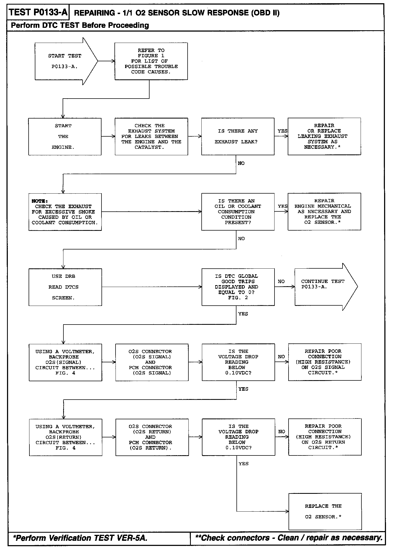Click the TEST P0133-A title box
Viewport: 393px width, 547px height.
38,12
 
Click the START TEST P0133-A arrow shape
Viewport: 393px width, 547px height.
65,61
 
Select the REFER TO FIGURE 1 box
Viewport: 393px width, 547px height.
151,61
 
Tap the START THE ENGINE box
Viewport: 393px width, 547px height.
65,137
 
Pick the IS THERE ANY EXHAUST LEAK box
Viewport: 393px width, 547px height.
238,137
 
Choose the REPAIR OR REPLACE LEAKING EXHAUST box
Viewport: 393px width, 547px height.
324,136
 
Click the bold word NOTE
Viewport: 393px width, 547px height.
39,201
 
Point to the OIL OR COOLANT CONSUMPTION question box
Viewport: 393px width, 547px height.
238,212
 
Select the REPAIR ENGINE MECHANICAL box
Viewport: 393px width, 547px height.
324,212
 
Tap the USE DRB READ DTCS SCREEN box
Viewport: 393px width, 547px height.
65,287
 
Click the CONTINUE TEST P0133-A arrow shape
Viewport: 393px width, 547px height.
324,287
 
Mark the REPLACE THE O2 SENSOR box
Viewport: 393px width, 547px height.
325,511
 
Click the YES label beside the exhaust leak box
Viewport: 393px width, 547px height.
282,131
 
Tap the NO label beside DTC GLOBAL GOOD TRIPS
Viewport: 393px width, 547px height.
281,282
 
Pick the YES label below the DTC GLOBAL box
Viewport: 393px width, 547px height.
243,314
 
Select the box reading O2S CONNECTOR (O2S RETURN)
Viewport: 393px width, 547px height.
152,437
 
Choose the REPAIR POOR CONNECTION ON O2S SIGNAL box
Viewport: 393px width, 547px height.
324,362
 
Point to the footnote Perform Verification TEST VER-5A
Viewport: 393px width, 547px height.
80,538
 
